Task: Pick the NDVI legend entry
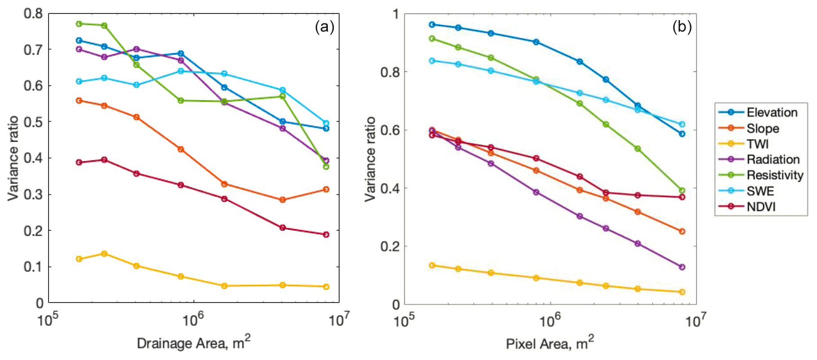(761, 207)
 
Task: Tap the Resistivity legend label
(775, 175)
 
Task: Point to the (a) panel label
(324, 27)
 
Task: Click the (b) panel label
(681, 27)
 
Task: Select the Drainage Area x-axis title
(193, 343)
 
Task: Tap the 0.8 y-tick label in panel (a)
(33, 13)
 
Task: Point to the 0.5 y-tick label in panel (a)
(33, 122)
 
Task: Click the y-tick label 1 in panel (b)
(396, 14)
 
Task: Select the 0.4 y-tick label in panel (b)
(390, 188)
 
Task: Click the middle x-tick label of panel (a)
(193, 320)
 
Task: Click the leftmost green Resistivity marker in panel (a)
(79, 24)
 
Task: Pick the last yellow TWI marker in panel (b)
(682, 292)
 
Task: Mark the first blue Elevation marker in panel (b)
(432, 25)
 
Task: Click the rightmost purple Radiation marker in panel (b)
(682, 267)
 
